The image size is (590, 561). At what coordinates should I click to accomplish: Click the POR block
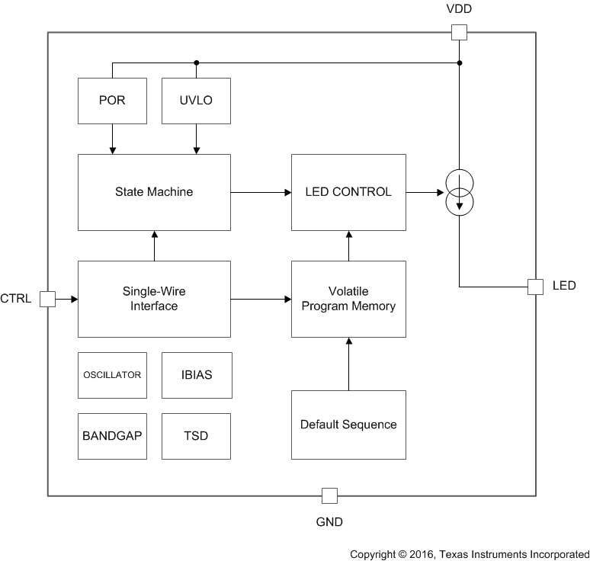point(113,101)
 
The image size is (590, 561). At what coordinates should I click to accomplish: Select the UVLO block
point(197,101)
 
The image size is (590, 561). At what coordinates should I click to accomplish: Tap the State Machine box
point(154,192)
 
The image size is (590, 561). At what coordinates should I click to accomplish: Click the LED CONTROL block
point(348,192)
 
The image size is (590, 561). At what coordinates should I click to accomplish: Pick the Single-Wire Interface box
point(154,299)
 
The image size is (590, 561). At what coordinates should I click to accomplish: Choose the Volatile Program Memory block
point(348,299)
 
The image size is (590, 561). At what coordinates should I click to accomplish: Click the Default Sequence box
point(348,425)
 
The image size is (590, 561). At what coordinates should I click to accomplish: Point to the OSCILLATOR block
point(113,375)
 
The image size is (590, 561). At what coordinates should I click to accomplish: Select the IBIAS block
point(197,375)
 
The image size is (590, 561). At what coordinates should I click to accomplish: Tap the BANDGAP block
point(113,436)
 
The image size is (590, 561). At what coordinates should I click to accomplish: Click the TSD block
point(197,436)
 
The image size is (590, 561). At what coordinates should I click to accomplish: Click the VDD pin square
point(460,32)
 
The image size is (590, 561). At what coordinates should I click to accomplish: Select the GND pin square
point(329,495)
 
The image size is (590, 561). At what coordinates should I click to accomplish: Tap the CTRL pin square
point(47,299)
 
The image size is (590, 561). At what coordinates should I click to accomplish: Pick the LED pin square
point(536,287)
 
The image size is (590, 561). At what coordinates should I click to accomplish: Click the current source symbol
point(460,192)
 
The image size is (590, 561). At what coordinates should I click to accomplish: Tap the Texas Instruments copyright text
point(470,554)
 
